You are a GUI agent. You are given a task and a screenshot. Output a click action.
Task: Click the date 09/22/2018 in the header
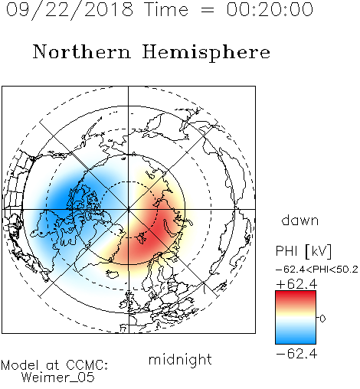tap(70, 10)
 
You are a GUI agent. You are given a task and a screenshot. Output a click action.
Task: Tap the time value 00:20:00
tap(270, 9)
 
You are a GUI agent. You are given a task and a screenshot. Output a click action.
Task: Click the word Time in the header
tap(166, 9)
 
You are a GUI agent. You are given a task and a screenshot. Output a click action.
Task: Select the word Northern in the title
tap(82, 52)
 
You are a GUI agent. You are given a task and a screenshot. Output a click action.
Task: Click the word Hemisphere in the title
tap(206, 53)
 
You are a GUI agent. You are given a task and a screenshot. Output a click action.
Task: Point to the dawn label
tap(300, 220)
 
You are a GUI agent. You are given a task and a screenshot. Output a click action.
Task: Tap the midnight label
tap(180, 359)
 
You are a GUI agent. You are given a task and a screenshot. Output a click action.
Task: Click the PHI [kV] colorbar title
tap(303, 251)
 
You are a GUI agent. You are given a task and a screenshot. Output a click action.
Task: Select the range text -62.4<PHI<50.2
tap(317, 270)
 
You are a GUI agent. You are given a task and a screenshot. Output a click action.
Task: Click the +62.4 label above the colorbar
tap(296, 284)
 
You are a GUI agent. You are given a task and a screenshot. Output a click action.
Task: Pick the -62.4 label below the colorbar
tap(296, 354)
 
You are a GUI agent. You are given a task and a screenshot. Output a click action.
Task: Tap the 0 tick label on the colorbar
tap(322, 319)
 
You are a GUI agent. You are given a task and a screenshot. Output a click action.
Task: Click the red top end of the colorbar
tap(296, 293)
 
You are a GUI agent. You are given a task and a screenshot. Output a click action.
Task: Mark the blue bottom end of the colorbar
tap(296, 341)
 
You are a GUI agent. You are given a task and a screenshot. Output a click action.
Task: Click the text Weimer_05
tap(57, 378)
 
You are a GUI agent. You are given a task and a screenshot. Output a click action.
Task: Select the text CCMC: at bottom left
tap(87, 365)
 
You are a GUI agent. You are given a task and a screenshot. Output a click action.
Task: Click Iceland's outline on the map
tap(113, 274)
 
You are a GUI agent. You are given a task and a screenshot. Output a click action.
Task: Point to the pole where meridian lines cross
tap(129, 209)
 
